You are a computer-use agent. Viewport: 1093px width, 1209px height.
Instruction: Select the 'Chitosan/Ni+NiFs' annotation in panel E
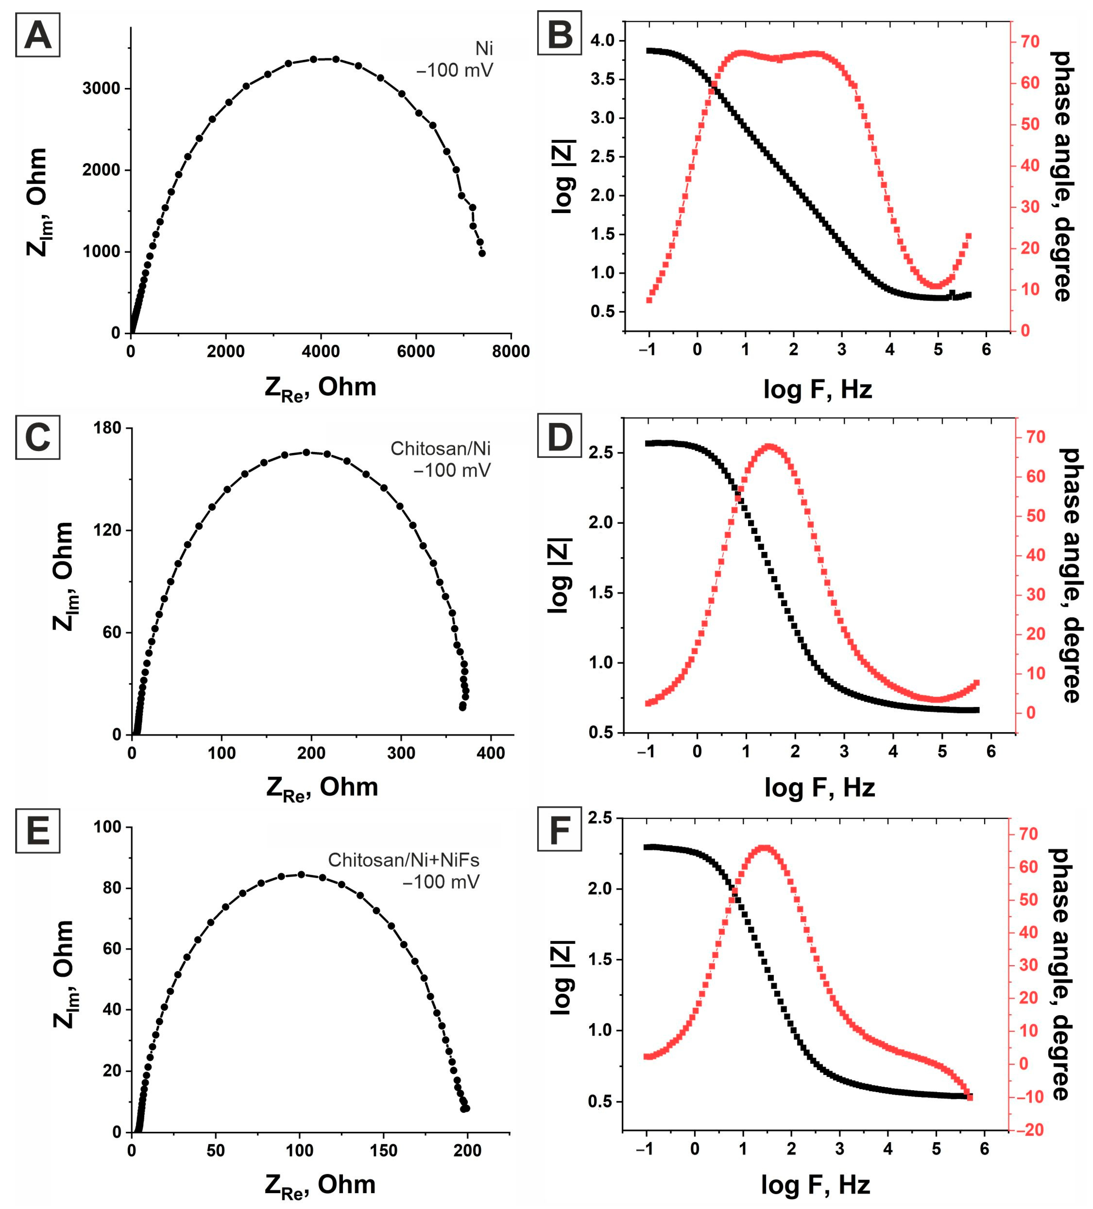[x=403, y=860]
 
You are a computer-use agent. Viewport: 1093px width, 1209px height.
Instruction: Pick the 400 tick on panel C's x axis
[x=490, y=753]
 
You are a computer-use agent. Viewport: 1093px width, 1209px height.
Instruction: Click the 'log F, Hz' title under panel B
[x=817, y=390]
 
